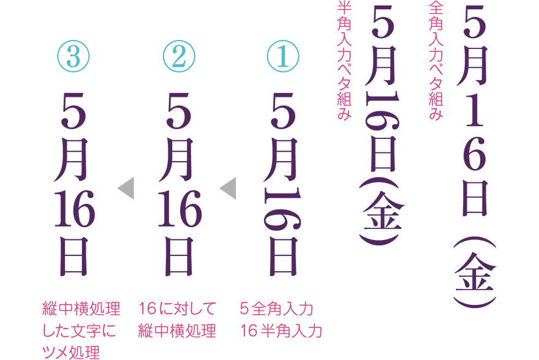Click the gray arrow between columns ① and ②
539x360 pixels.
[x=228, y=188]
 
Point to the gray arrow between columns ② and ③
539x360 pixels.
[x=126, y=188]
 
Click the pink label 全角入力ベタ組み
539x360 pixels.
[x=435, y=60]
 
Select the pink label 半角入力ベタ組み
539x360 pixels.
[x=343, y=60]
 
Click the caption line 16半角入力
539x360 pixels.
[x=281, y=331]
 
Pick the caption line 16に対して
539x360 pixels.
[x=178, y=307]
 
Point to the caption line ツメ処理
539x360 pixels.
[x=70, y=353]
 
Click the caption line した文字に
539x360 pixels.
[x=80, y=331]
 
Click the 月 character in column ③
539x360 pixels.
[x=74, y=160]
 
